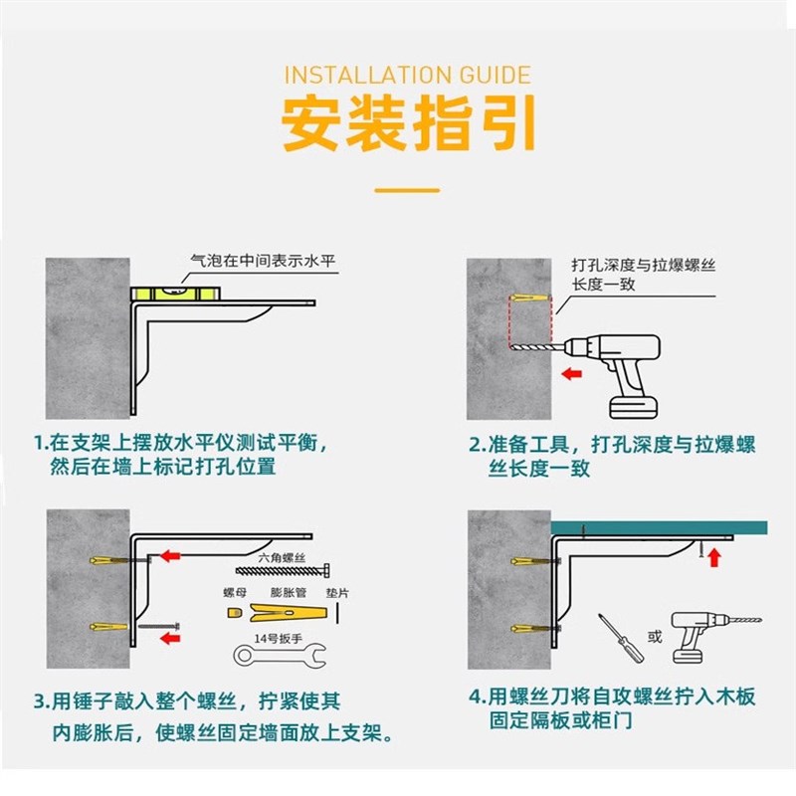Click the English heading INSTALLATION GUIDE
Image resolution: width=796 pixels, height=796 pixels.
407,76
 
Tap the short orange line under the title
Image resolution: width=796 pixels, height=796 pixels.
407,189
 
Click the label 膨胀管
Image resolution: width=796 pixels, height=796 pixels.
287,592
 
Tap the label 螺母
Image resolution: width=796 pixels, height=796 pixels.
235,592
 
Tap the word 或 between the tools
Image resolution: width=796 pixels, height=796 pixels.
654,637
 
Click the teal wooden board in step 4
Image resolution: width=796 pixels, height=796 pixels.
657,527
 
